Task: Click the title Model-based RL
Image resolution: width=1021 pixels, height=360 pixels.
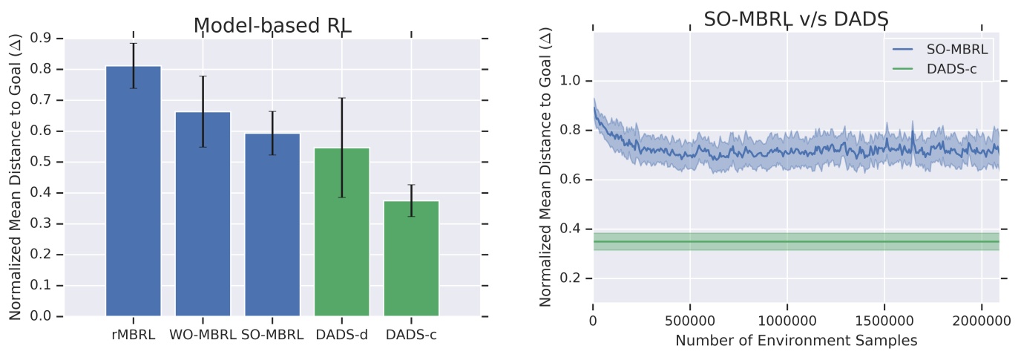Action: pyautogui.click(x=272, y=25)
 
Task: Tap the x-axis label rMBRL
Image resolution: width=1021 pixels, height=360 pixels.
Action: pyautogui.click(x=134, y=334)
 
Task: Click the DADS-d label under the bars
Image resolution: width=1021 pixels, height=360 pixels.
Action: pyautogui.click(x=341, y=334)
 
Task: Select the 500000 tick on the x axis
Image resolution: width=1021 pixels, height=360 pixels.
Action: pyautogui.click(x=690, y=321)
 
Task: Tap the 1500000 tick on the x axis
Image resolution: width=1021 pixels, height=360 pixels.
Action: pyautogui.click(x=884, y=321)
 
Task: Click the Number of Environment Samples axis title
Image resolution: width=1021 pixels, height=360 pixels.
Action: pyautogui.click(x=796, y=341)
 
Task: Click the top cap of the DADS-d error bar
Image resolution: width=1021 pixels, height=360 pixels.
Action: pyautogui.click(x=341, y=98)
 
